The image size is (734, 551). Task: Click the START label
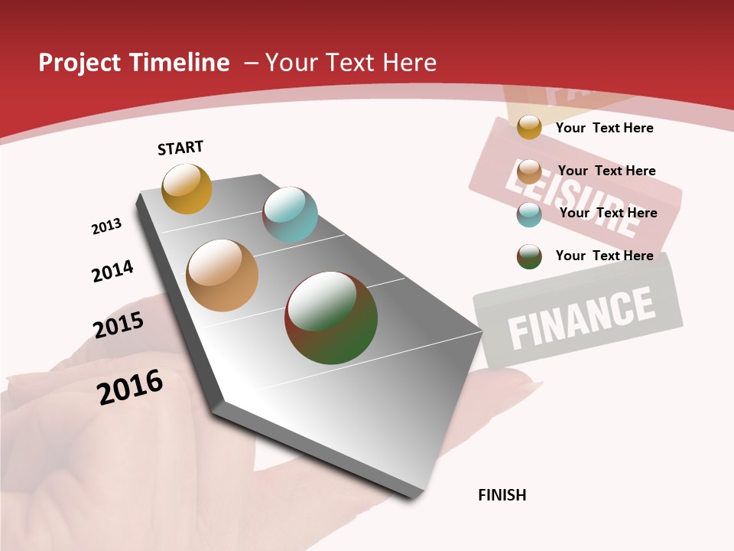coord(180,148)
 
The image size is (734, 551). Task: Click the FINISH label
coord(502,495)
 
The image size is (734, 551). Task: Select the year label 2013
coord(106,227)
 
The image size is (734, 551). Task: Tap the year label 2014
coord(112,271)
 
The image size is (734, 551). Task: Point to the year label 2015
coord(119,325)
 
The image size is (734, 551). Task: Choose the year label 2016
coord(130,386)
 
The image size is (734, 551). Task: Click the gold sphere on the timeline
coord(187,188)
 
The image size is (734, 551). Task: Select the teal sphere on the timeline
coord(290,214)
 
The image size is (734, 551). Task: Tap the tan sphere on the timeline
coord(222,275)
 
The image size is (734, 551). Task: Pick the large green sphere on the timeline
coord(331,318)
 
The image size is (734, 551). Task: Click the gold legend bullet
coord(529,127)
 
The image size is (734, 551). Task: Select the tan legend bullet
coord(529,171)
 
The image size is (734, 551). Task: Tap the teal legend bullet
coord(529,214)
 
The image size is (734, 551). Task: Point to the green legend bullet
coord(529,256)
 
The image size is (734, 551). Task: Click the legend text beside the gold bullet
coord(604,128)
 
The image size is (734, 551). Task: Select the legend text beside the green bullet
coord(604,256)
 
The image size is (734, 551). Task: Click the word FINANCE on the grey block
coord(581,316)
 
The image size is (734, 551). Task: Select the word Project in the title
coord(78,63)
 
